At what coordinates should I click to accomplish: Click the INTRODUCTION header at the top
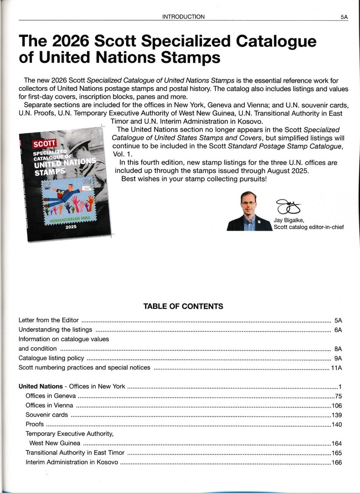click(183, 17)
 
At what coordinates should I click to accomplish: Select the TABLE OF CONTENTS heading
click(183, 306)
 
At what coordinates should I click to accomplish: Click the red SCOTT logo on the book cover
click(41, 144)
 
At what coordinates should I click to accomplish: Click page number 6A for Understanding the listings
click(338, 329)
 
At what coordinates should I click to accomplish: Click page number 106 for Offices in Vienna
click(337, 405)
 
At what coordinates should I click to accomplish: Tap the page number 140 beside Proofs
click(337, 424)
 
